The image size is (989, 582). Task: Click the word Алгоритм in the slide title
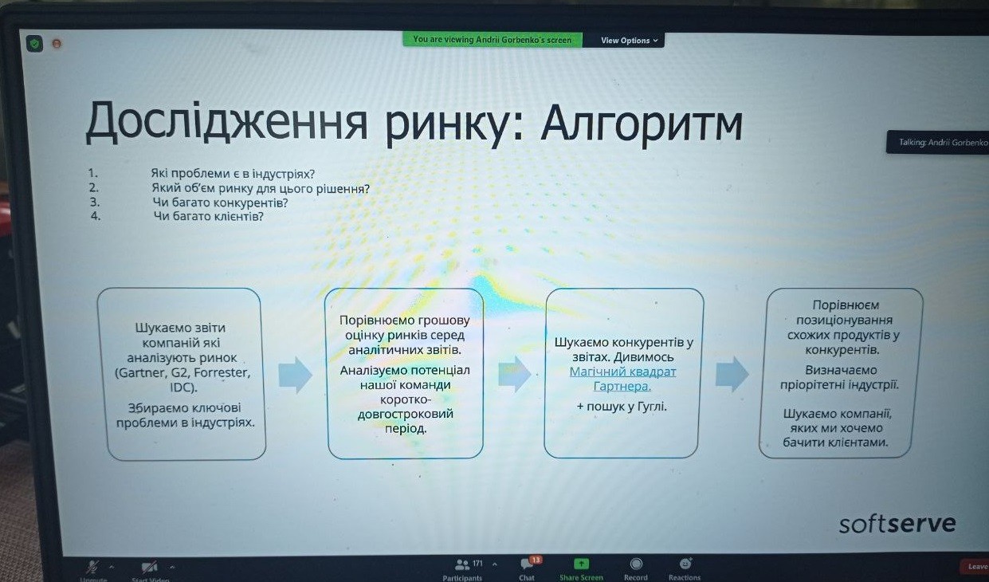tap(642, 124)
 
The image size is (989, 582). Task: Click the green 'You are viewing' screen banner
tap(493, 39)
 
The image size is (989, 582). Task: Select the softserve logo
tap(897, 524)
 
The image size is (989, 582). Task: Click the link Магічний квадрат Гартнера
tap(622, 379)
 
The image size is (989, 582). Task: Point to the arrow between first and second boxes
tap(295, 375)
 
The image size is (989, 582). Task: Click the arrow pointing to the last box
tap(732, 374)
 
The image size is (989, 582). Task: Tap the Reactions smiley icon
tap(685, 564)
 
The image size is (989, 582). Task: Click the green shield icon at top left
tap(34, 44)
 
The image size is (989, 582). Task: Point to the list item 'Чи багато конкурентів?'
tap(220, 203)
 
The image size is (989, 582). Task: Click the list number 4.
tap(96, 216)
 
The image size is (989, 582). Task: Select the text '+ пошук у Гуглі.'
tap(622, 407)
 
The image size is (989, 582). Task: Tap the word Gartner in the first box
tap(142, 373)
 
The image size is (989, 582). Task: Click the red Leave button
tap(975, 567)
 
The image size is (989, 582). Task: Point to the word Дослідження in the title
tap(226, 121)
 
